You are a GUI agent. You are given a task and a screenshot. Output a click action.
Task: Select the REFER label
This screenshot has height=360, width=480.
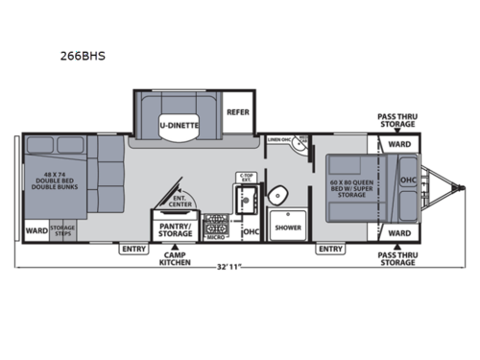[x=237, y=111]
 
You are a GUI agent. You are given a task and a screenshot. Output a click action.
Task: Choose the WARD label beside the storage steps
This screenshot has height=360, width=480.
[x=36, y=230]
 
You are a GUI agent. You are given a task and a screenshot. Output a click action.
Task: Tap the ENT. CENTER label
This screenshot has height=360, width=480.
[x=180, y=203]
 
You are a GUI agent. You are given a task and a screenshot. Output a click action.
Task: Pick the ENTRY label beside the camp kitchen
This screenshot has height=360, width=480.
[x=132, y=249]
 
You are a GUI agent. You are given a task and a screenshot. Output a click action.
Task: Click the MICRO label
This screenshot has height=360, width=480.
[x=216, y=237]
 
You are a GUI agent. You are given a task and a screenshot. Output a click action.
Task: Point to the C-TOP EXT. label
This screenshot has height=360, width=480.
[x=245, y=179]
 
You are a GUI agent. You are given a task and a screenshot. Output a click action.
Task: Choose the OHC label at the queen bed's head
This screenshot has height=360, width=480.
[x=407, y=180]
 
